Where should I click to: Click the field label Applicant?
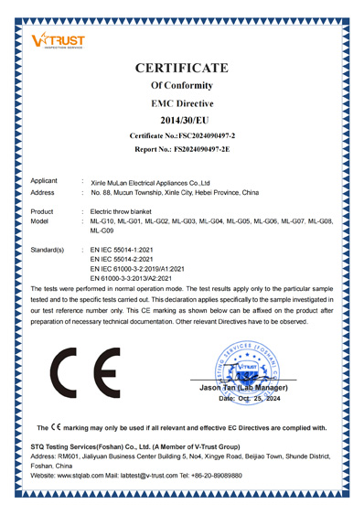47,181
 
